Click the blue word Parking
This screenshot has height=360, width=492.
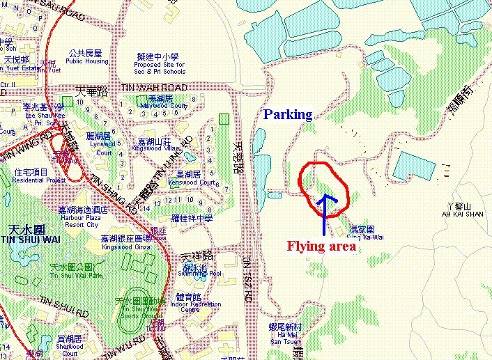coord(288,114)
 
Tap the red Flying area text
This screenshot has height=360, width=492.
coord(321,246)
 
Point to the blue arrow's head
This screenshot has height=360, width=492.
coord(324,198)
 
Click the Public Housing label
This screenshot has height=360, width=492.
coord(87,61)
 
